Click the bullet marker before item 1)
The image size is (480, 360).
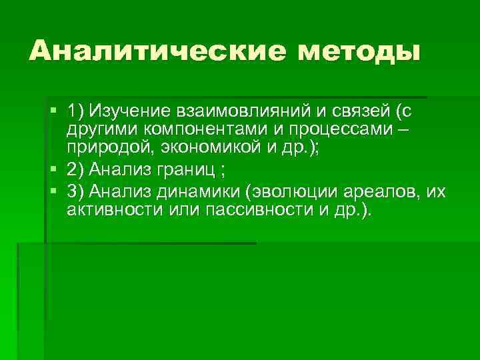coord(53,108)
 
